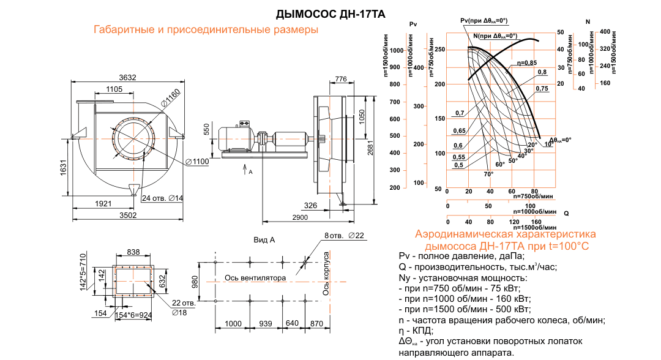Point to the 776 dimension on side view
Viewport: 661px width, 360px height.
341,79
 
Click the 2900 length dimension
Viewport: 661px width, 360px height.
300,219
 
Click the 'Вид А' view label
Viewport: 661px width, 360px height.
264,241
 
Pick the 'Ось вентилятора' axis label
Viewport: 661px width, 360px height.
255,277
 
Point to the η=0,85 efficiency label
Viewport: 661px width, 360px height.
526,63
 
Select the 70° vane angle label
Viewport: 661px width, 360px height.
488,174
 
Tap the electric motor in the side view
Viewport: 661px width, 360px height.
233,140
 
